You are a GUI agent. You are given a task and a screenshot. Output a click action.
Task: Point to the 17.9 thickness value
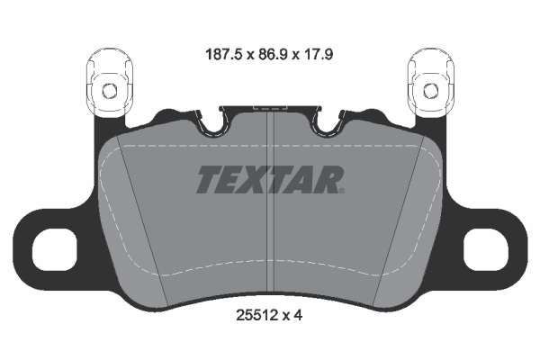(325, 52)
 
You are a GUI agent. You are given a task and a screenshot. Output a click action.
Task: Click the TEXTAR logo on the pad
(268, 179)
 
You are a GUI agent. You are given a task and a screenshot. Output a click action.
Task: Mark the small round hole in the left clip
(108, 90)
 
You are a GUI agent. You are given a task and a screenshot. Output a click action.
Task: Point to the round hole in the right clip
(430, 90)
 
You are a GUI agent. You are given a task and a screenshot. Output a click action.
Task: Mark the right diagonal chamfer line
(400, 225)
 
